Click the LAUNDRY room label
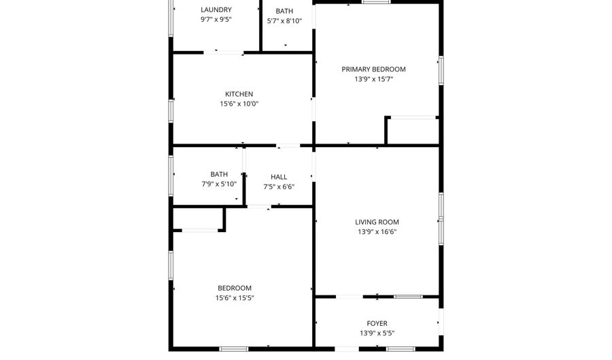point(216,10)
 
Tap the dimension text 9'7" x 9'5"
point(216,20)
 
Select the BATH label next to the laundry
point(284,11)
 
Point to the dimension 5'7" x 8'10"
point(284,21)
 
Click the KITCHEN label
point(239,94)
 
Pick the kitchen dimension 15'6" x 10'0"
point(239,104)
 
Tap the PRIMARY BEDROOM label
point(373,69)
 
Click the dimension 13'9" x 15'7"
point(373,79)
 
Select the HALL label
point(279,177)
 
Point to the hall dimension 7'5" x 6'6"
point(279,187)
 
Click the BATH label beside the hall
point(219,174)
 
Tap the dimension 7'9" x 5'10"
point(219,184)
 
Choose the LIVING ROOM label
point(377,222)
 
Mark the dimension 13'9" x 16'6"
point(377,232)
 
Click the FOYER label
point(377,323)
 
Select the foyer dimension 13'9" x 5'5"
point(377,333)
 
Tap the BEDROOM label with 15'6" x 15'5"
point(235,288)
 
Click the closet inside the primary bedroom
point(413,131)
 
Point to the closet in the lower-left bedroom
point(198,218)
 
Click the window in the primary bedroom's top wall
point(376,2)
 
